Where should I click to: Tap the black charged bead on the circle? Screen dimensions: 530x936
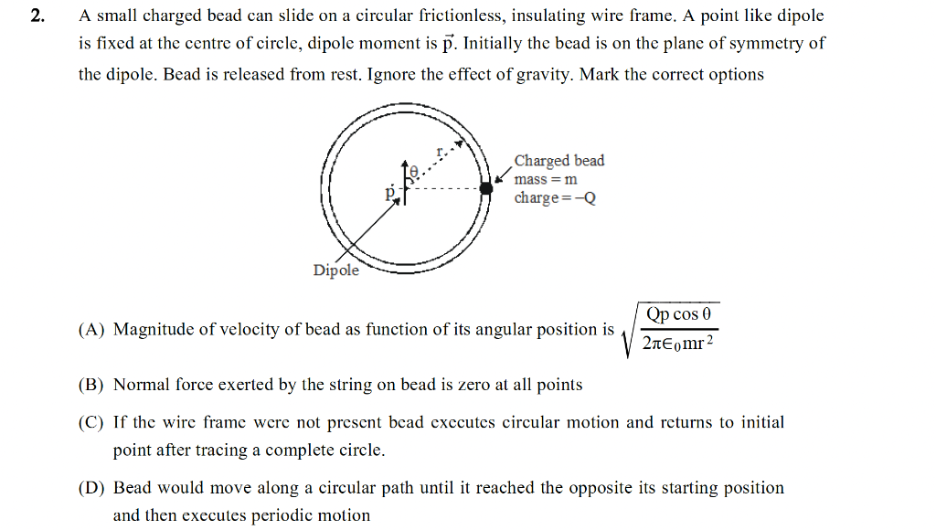(486, 187)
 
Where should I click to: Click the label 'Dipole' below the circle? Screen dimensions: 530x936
(336, 270)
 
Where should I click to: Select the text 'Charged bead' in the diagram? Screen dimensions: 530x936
(558, 161)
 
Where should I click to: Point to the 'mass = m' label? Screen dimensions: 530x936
(546, 179)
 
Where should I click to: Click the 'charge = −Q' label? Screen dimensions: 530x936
(555, 198)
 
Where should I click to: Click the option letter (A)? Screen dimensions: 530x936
(91, 330)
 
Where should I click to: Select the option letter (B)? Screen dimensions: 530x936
(91, 385)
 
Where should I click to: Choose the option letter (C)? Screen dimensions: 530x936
(91, 422)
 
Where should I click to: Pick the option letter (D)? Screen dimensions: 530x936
(91, 488)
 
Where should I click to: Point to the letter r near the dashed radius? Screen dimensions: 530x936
(441, 149)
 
